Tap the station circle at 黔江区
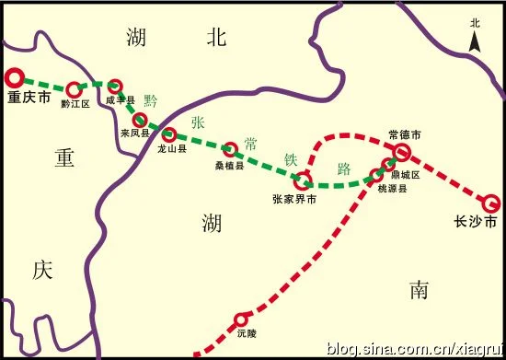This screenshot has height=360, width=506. click(x=75, y=90)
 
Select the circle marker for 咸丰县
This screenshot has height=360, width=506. click(x=115, y=87)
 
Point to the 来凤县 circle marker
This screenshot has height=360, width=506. click(x=140, y=120)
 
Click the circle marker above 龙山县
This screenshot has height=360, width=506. click(x=168, y=134)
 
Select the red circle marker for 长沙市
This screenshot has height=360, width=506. click(x=490, y=203)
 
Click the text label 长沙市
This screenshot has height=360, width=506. click(x=475, y=223)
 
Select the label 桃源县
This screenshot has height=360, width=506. click(x=391, y=188)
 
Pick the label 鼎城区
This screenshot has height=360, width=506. click(x=404, y=175)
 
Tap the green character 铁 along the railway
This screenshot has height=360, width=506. click(x=292, y=158)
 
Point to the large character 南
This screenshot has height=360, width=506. click(x=420, y=290)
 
